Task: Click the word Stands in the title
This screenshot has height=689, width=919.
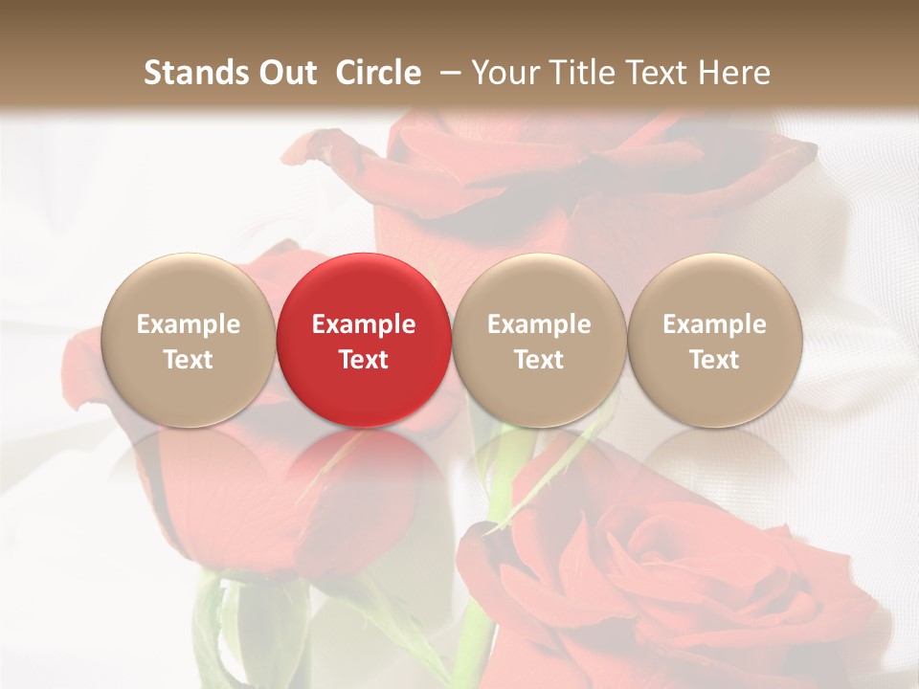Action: click(195, 73)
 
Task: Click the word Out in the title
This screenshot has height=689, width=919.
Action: click(287, 73)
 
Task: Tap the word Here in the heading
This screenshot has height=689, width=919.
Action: click(737, 73)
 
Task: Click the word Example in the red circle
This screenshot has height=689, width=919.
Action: click(364, 324)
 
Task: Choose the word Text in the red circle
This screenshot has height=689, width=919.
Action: click(364, 360)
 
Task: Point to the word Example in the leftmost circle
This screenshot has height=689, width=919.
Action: click(188, 324)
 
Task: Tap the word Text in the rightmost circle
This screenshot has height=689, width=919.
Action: click(714, 360)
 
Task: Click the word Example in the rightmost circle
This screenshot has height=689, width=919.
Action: click(714, 324)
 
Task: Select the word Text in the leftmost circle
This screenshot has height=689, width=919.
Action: click(188, 360)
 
